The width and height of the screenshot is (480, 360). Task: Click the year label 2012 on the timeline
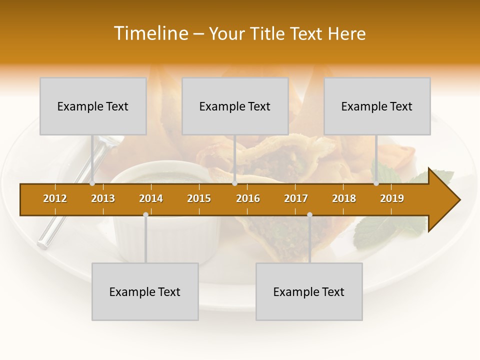tap(55, 198)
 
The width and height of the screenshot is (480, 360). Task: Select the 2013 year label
tap(103, 198)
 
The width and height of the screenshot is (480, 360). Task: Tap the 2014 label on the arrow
tap(151, 198)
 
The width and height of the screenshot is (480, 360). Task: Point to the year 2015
tap(199, 198)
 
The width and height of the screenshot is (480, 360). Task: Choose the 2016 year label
tap(248, 198)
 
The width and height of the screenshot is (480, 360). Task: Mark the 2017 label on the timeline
tap(296, 198)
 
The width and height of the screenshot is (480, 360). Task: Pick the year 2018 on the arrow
tap(344, 198)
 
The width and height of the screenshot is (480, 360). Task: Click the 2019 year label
tap(392, 198)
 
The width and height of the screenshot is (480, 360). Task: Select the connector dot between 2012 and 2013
tap(92, 183)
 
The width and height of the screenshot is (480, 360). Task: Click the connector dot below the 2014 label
tap(145, 215)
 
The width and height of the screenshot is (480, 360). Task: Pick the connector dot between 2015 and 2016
tap(234, 183)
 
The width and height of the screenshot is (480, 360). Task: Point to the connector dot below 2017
tap(309, 215)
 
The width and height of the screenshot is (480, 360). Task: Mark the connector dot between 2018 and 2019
tap(376, 183)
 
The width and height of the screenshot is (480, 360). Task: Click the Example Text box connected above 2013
tap(93, 106)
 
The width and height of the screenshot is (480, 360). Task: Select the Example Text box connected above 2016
tap(235, 106)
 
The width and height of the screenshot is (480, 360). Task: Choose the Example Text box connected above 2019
tap(377, 106)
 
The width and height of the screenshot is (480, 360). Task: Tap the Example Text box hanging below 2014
tap(145, 291)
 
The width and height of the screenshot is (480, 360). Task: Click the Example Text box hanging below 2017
tap(309, 291)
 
